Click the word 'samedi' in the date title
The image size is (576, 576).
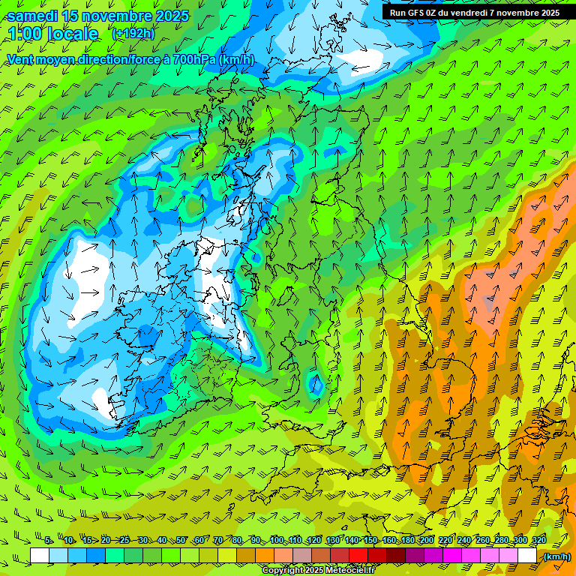coord(32,16)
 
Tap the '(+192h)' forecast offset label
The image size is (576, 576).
coord(133,34)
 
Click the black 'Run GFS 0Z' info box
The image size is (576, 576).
coord(475,13)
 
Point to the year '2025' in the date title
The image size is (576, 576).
coord(166,16)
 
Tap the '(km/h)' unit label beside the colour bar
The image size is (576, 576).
coord(556,556)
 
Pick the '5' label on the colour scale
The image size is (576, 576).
coord(48,541)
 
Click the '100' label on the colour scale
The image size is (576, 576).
coord(277,541)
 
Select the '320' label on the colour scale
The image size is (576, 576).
coord(539,541)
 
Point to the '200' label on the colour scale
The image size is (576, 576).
coord(427,541)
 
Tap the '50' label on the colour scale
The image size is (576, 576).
coord(181,541)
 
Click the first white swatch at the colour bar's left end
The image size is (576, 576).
coord(40,556)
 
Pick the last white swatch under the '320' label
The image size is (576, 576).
coord(527,556)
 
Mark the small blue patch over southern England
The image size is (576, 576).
coord(316,385)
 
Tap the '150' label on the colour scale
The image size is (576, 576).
coord(370,541)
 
